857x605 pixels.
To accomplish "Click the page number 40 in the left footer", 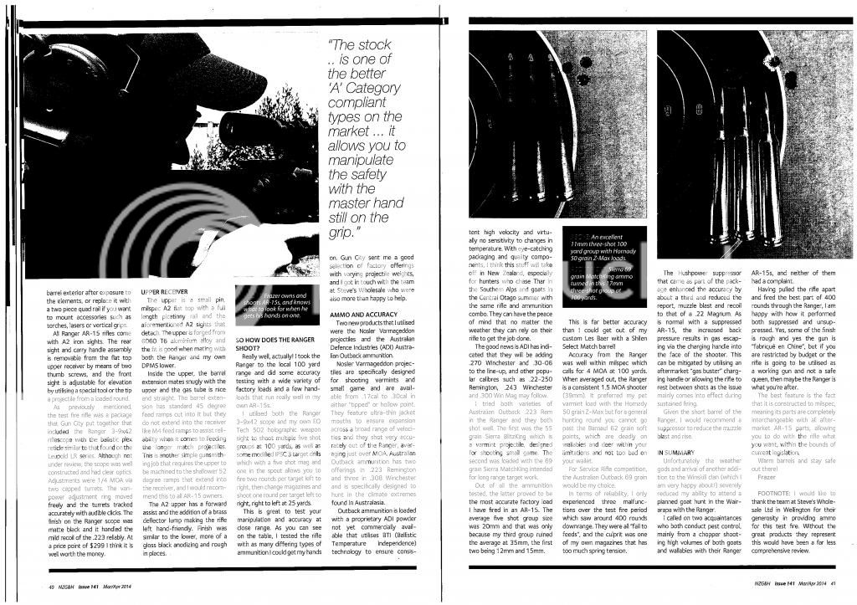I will (39, 587).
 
